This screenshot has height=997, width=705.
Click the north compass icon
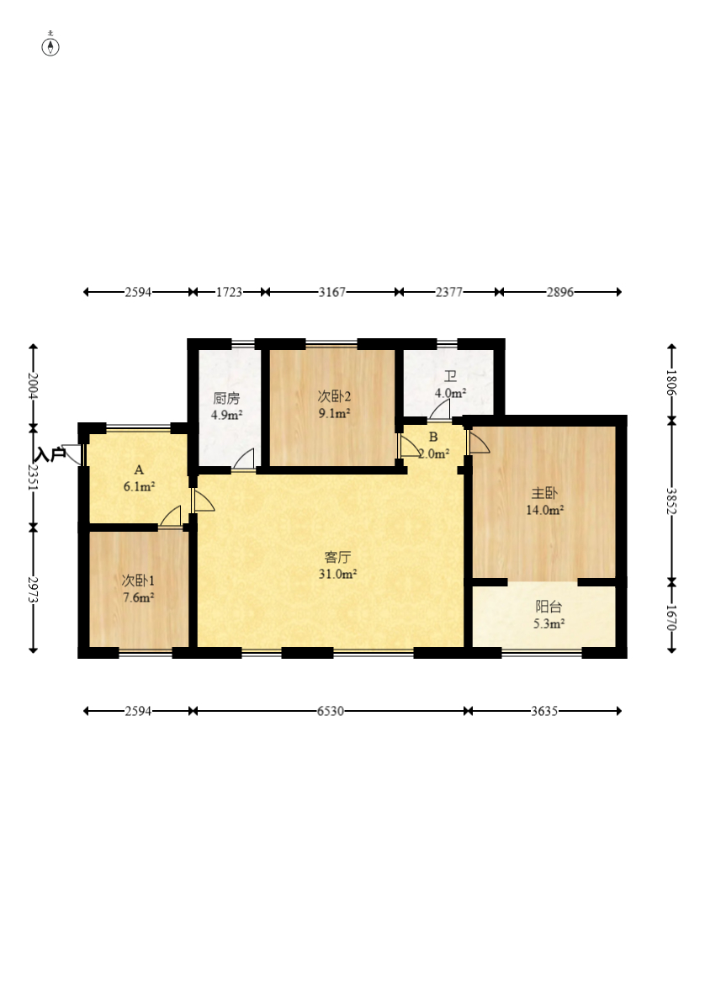click(x=50, y=46)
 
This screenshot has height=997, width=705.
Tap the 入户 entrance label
click(x=50, y=454)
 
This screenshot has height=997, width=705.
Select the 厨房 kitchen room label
click(x=226, y=399)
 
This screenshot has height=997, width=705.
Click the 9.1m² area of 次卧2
click(x=334, y=413)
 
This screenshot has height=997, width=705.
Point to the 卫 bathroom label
click(x=450, y=377)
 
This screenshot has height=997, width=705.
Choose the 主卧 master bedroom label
click(x=545, y=493)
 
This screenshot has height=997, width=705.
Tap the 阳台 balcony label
click(x=549, y=607)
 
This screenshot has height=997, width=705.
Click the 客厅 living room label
click(x=337, y=557)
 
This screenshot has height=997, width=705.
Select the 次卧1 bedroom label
click(x=138, y=581)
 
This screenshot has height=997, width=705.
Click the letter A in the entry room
click(x=139, y=469)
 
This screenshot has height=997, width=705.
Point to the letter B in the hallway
click(x=433, y=437)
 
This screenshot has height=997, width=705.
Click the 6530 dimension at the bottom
click(x=331, y=711)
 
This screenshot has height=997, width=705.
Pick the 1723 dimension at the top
click(x=229, y=292)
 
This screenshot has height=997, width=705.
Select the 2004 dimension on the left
click(x=33, y=384)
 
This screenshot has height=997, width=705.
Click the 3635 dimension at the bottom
click(x=544, y=711)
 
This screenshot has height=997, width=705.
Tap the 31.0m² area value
click(x=337, y=574)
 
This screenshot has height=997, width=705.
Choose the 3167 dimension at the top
click(x=331, y=292)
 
